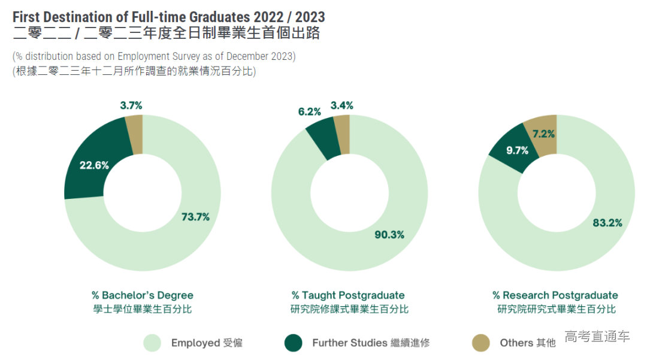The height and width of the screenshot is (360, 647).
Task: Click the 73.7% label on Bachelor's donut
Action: click(196, 217)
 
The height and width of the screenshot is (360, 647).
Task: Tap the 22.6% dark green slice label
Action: click(95, 165)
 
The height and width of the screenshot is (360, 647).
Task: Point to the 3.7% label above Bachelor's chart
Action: click(131, 105)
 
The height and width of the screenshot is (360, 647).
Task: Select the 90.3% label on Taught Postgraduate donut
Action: click(389, 235)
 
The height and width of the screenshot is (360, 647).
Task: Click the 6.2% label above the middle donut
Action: click(310, 111)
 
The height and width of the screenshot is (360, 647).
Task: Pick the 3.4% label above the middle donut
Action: click(342, 105)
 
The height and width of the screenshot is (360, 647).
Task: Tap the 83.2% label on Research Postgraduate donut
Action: click(607, 223)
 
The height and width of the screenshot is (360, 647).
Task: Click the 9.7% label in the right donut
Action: click(518, 150)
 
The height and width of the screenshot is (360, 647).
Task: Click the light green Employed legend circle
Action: click(152, 343)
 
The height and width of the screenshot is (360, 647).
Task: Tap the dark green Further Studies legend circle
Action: click(294, 343)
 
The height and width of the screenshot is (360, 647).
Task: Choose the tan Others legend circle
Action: click(480, 343)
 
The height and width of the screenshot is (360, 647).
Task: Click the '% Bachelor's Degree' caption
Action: click(143, 295)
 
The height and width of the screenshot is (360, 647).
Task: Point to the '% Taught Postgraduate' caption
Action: click(348, 295)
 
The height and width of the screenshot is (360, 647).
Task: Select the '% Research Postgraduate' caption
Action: click(555, 295)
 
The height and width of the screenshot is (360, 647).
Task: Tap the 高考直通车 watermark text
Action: click(597, 336)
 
